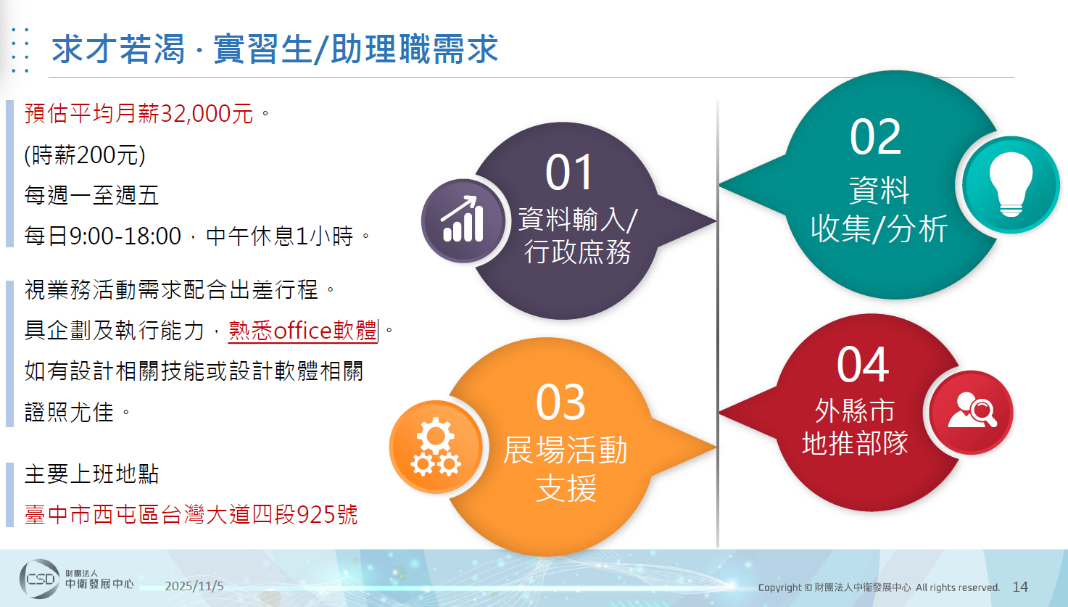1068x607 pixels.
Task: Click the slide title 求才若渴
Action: pyautogui.click(x=118, y=49)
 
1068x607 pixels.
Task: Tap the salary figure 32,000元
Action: pyautogui.click(x=207, y=113)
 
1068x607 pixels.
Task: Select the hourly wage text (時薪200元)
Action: pyautogui.click(x=85, y=154)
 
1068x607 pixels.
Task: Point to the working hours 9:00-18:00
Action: pyautogui.click(x=126, y=236)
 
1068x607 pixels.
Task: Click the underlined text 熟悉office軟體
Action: pyautogui.click(x=303, y=331)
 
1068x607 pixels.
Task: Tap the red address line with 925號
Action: pyautogui.click(x=191, y=515)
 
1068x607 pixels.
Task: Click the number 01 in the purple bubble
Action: pyautogui.click(x=569, y=172)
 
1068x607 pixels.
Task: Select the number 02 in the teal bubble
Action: pyautogui.click(x=875, y=137)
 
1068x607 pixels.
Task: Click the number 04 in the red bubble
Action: pyautogui.click(x=863, y=364)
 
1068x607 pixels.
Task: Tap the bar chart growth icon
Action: pyautogui.click(x=463, y=220)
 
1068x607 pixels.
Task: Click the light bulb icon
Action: pyautogui.click(x=1011, y=184)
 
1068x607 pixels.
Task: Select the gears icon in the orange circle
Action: pyautogui.click(x=436, y=447)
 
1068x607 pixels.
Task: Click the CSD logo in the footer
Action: pyautogui.click(x=39, y=579)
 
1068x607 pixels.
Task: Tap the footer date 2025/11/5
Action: pyautogui.click(x=194, y=586)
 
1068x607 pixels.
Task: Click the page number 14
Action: pyautogui.click(x=1020, y=587)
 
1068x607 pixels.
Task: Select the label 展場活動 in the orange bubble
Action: pyautogui.click(x=566, y=450)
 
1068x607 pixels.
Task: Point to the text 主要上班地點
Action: pyautogui.click(x=91, y=474)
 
